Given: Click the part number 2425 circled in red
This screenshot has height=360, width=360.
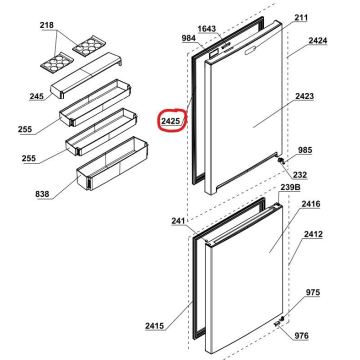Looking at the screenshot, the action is click(x=170, y=121).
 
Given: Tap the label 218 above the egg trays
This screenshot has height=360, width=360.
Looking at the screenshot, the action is click(x=46, y=25).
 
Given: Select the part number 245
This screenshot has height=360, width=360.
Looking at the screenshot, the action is click(x=36, y=96).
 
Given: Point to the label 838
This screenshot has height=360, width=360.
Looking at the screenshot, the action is click(x=42, y=194).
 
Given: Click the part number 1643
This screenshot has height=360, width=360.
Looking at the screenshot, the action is click(x=206, y=29).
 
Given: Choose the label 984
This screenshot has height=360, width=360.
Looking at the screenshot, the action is click(x=188, y=38).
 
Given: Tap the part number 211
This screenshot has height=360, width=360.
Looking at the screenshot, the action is click(x=301, y=17).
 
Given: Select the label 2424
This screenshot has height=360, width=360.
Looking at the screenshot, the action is click(x=318, y=40).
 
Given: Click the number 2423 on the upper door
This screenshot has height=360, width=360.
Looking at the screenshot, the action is click(x=304, y=96).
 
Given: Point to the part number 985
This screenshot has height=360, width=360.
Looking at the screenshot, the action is click(x=305, y=150).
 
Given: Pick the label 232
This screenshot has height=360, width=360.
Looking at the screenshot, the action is click(x=300, y=175).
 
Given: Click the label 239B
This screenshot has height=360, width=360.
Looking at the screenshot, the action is click(x=290, y=187).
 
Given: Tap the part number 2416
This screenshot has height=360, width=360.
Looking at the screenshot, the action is click(x=311, y=204).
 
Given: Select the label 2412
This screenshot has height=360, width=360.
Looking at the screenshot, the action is click(x=313, y=234).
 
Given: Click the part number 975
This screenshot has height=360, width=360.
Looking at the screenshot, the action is click(x=312, y=292).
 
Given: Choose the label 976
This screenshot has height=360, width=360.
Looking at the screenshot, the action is click(x=301, y=336).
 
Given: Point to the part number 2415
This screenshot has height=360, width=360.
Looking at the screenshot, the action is click(x=154, y=326).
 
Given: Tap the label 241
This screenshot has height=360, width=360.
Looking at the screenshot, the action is click(x=178, y=221).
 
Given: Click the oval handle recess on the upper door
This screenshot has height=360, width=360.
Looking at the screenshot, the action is click(x=250, y=50).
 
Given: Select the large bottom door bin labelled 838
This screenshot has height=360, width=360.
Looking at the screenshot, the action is click(x=112, y=163).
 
